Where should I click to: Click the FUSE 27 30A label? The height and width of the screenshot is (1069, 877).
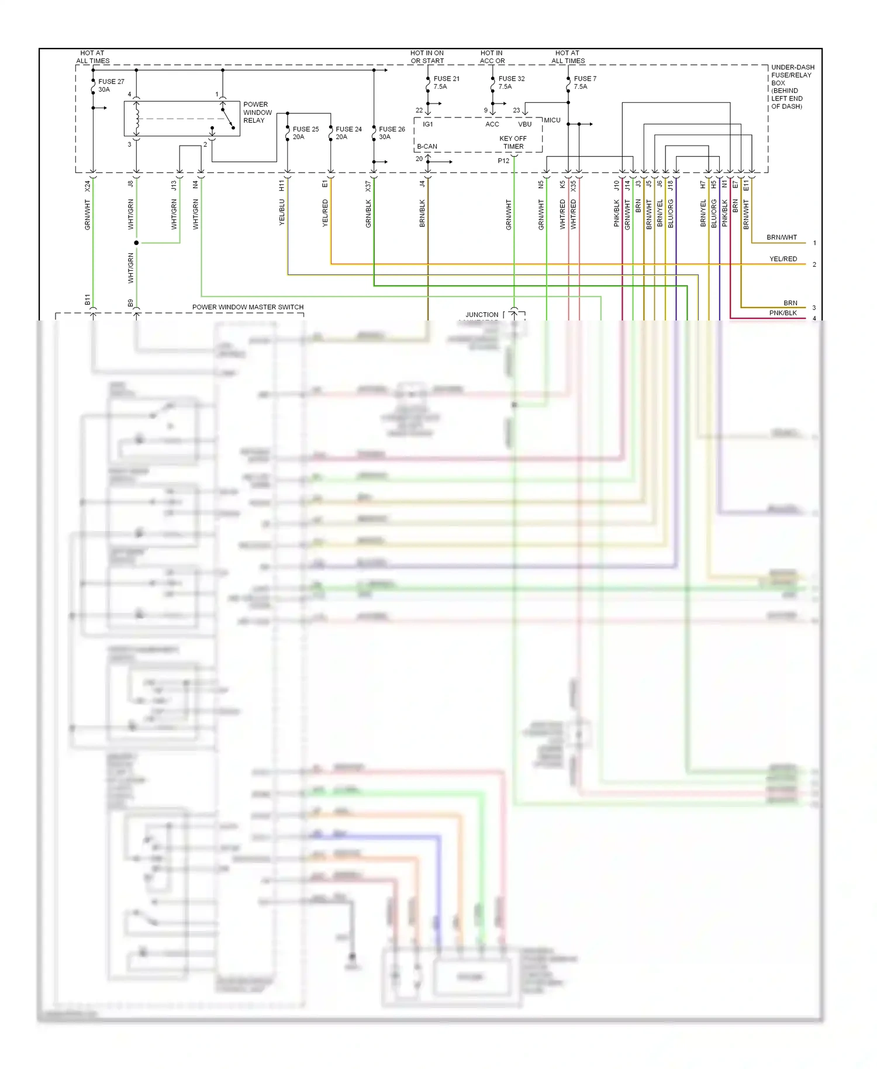point(111,85)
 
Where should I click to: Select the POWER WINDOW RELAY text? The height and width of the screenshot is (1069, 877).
point(257,112)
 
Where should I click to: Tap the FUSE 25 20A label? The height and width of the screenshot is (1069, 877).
point(305,133)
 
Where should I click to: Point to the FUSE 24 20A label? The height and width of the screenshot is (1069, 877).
point(348,133)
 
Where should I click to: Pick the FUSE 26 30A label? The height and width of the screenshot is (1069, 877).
point(391,133)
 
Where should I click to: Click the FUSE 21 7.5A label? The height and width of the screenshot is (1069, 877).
point(446,82)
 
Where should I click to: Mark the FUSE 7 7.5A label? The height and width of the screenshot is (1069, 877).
point(584,82)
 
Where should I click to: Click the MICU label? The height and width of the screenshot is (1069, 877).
point(552,120)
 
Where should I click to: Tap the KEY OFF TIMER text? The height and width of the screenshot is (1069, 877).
point(513,143)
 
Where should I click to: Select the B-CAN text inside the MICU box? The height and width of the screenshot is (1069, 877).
point(427,146)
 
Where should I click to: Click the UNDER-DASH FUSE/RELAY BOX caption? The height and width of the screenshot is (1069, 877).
point(792,87)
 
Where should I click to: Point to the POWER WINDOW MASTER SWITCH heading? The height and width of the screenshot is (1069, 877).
point(248,307)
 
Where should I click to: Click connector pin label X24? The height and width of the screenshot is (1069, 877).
point(88,186)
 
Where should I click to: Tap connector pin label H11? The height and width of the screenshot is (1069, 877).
point(282,186)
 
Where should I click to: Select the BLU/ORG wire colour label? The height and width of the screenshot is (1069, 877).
point(671,213)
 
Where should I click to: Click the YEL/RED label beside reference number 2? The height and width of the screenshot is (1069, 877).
point(783,258)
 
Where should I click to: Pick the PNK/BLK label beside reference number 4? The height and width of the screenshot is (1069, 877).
point(783,313)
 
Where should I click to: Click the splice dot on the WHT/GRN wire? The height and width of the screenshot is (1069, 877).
point(136,243)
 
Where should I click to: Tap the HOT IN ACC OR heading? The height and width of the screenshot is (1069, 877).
point(492,57)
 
